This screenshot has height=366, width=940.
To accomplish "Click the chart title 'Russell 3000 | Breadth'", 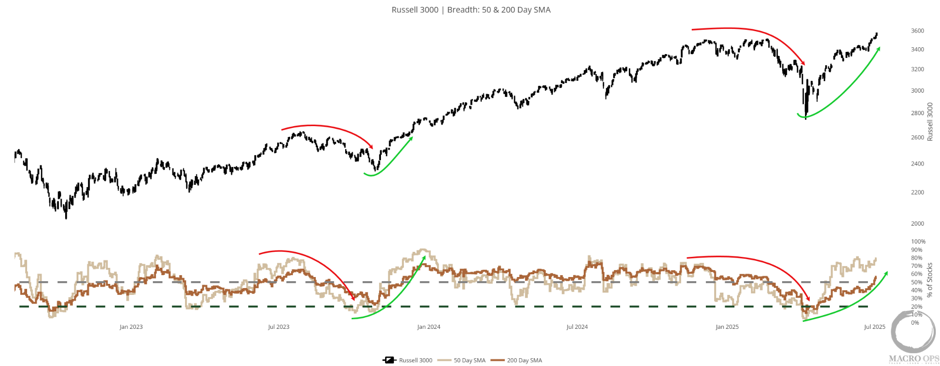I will tap(470, 10).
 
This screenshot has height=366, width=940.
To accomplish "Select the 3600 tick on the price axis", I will tap(917, 31).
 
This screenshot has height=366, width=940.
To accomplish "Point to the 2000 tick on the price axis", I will tap(917, 223).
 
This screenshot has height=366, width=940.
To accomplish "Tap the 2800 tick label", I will tap(917, 113).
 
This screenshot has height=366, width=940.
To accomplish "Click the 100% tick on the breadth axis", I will tap(918, 241).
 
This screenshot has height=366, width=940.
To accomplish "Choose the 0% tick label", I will tap(915, 322).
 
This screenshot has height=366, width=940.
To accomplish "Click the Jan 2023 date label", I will tap(131, 327).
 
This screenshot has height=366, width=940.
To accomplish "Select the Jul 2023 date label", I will tap(279, 327).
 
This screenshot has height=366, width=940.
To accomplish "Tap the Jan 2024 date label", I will tap(428, 327).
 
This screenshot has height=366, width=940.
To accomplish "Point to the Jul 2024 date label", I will tap(577, 327).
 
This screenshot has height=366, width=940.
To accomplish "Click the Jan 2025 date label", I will tap(727, 327).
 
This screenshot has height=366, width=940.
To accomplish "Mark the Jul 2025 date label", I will tap(874, 327).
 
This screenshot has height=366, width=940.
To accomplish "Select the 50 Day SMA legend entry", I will tap(462, 360).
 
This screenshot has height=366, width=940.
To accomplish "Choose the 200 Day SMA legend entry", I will tap(517, 360).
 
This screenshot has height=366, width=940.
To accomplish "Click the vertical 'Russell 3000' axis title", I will tap(930, 122).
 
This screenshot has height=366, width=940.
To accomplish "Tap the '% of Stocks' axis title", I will tap(930, 280).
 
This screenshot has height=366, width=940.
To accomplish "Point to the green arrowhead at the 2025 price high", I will tap(878, 49).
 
